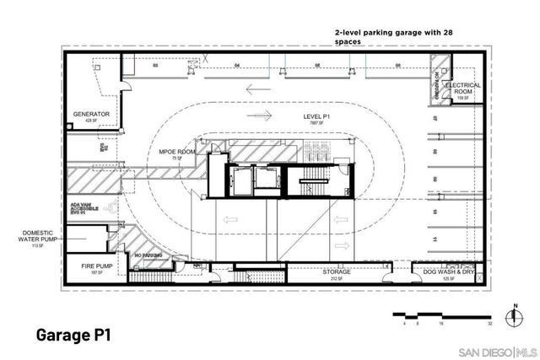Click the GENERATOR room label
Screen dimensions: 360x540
(92, 114)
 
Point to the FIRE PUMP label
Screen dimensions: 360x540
(88, 266)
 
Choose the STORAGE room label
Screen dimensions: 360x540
(336, 272)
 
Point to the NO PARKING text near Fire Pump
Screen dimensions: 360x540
(148, 255)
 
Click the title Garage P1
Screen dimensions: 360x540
(72, 335)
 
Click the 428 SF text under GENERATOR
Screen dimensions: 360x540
(92, 121)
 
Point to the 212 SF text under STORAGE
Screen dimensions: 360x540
(336, 279)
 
